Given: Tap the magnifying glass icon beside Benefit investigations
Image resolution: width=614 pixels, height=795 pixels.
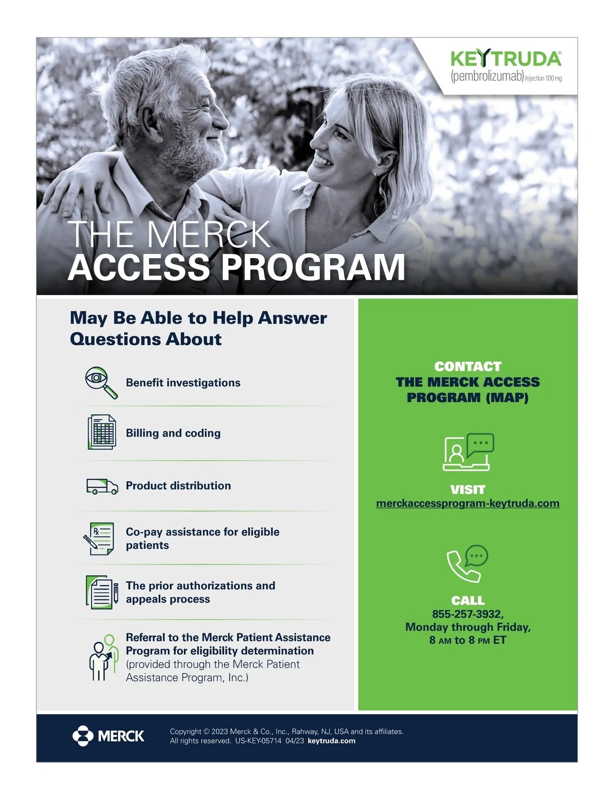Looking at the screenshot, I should (x=101, y=382).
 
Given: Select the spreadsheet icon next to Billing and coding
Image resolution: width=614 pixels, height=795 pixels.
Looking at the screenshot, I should (x=101, y=432).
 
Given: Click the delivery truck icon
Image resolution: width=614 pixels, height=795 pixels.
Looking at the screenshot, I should (x=102, y=486).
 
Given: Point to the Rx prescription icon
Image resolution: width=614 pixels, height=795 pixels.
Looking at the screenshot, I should (x=99, y=539).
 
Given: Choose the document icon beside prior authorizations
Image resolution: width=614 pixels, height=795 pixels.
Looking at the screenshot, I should (x=101, y=592).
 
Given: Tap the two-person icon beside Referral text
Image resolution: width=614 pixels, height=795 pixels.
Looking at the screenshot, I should (x=101, y=658).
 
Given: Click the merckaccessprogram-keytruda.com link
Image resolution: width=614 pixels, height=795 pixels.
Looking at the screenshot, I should (x=468, y=503).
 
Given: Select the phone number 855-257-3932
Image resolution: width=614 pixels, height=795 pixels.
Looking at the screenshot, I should (x=468, y=614).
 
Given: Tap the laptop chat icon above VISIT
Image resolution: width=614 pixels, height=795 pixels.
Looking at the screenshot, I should (x=468, y=452).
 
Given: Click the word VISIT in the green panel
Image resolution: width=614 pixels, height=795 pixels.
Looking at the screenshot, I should (x=468, y=489).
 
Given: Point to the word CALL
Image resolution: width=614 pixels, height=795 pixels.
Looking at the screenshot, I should (x=468, y=600).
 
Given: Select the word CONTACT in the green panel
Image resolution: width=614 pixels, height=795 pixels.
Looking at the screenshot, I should (x=468, y=367).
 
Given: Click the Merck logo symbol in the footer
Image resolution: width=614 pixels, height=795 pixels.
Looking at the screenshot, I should (x=83, y=736).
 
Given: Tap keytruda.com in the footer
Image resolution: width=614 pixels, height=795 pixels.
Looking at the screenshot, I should (x=332, y=741).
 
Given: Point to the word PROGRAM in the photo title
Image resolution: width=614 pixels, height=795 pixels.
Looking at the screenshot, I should (x=313, y=267).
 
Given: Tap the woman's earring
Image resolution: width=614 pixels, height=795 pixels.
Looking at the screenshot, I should (x=377, y=174).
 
